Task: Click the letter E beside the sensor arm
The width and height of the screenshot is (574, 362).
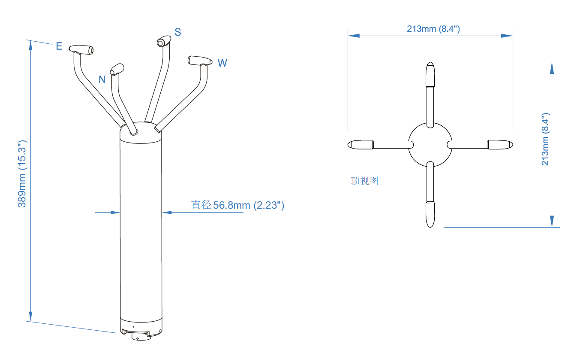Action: pos(59,46)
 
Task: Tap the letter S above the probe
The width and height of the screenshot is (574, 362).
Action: pos(178,32)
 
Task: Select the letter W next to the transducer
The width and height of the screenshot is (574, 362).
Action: pos(222,63)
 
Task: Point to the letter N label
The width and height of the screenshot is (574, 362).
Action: pos(102,79)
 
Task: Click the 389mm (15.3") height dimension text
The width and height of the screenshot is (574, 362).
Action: pos(22,174)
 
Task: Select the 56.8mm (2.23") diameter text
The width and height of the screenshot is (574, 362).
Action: pos(249,205)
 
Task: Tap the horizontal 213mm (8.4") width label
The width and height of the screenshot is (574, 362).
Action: pos(433,29)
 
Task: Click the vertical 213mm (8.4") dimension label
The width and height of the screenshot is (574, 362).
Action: pos(545,139)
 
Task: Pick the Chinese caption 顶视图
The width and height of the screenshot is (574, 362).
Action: pos(364,181)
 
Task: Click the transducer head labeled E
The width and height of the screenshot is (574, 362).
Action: pos(81,49)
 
